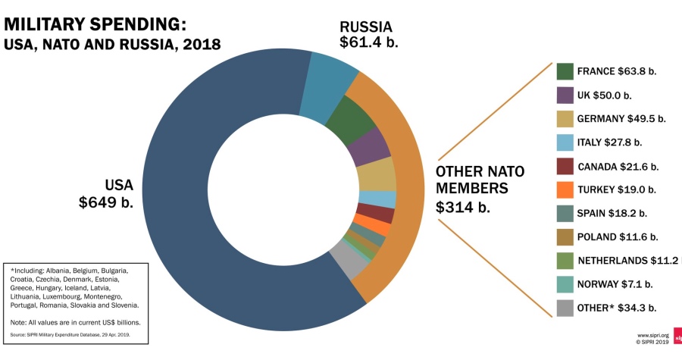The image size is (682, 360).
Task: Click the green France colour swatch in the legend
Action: (565, 72)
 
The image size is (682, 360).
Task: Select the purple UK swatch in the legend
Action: (565, 95)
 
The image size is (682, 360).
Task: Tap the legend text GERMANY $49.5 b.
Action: (621, 119)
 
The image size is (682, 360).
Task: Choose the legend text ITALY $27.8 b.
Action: (609, 142)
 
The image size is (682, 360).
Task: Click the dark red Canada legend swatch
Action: (565, 166)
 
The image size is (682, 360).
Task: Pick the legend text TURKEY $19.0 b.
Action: (616, 189)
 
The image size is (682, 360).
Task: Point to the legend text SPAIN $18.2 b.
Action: (613, 213)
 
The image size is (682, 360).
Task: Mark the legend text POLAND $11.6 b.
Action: (617, 237)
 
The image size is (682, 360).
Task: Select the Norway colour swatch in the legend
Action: (565, 284)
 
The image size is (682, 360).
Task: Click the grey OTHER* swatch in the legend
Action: (565, 308)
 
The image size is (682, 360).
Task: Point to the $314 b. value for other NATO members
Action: (462, 206)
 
